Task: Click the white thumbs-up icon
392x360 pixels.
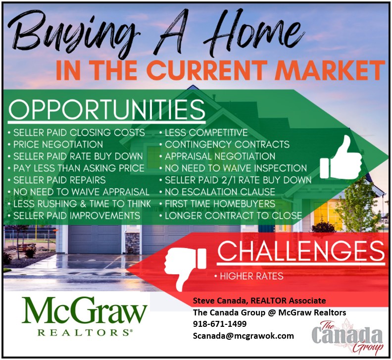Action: coord(341,158)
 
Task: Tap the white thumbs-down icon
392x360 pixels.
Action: coord(186,269)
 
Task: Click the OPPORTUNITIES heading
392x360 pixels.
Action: coord(107,109)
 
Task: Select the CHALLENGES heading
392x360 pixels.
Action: coord(301,251)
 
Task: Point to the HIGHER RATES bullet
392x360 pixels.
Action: coord(249,276)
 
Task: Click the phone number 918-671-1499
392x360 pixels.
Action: coord(219,324)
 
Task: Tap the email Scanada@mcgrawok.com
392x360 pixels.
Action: coord(243,336)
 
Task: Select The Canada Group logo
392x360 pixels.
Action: coord(347,337)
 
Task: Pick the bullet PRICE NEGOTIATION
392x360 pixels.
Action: coord(55,145)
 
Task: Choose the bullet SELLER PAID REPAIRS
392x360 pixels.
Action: coord(57,180)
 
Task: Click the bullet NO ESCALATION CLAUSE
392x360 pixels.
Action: coord(217,192)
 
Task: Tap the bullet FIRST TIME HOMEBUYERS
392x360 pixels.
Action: coord(217,204)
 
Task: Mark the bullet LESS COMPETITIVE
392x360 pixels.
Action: coord(204,133)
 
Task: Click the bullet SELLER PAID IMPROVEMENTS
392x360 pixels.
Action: coord(74,215)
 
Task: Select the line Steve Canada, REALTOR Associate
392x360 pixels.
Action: coord(259,301)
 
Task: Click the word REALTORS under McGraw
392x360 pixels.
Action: coord(85,333)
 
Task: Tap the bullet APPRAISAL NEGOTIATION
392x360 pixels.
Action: coord(217,156)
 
